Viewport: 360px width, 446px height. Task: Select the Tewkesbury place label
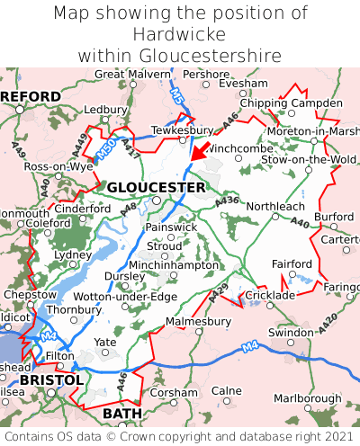(182, 129)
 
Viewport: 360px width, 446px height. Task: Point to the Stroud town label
(164, 245)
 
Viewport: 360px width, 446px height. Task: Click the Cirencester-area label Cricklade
(270, 295)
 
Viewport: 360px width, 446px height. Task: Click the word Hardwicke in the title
(179, 34)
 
